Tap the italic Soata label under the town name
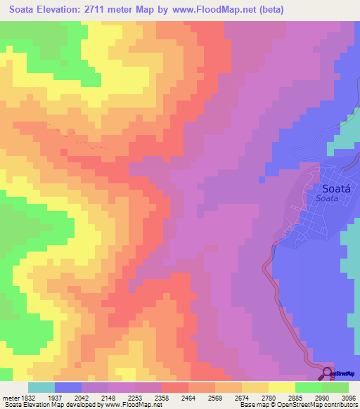tap(328, 199)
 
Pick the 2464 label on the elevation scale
tap(188, 398)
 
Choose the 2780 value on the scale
tap(268, 398)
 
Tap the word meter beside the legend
tap(9, 398)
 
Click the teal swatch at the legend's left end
tap(41, 387)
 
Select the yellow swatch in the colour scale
tap(281, 387)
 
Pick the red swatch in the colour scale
tap(174, 387)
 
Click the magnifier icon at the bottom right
tap(328, 373)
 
